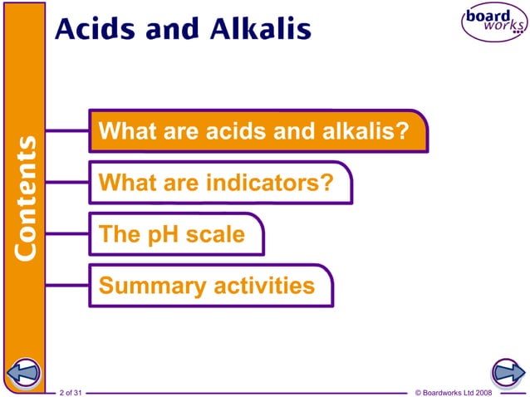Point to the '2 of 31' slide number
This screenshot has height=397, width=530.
[72, 391]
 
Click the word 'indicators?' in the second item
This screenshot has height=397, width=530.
[270, 182]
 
